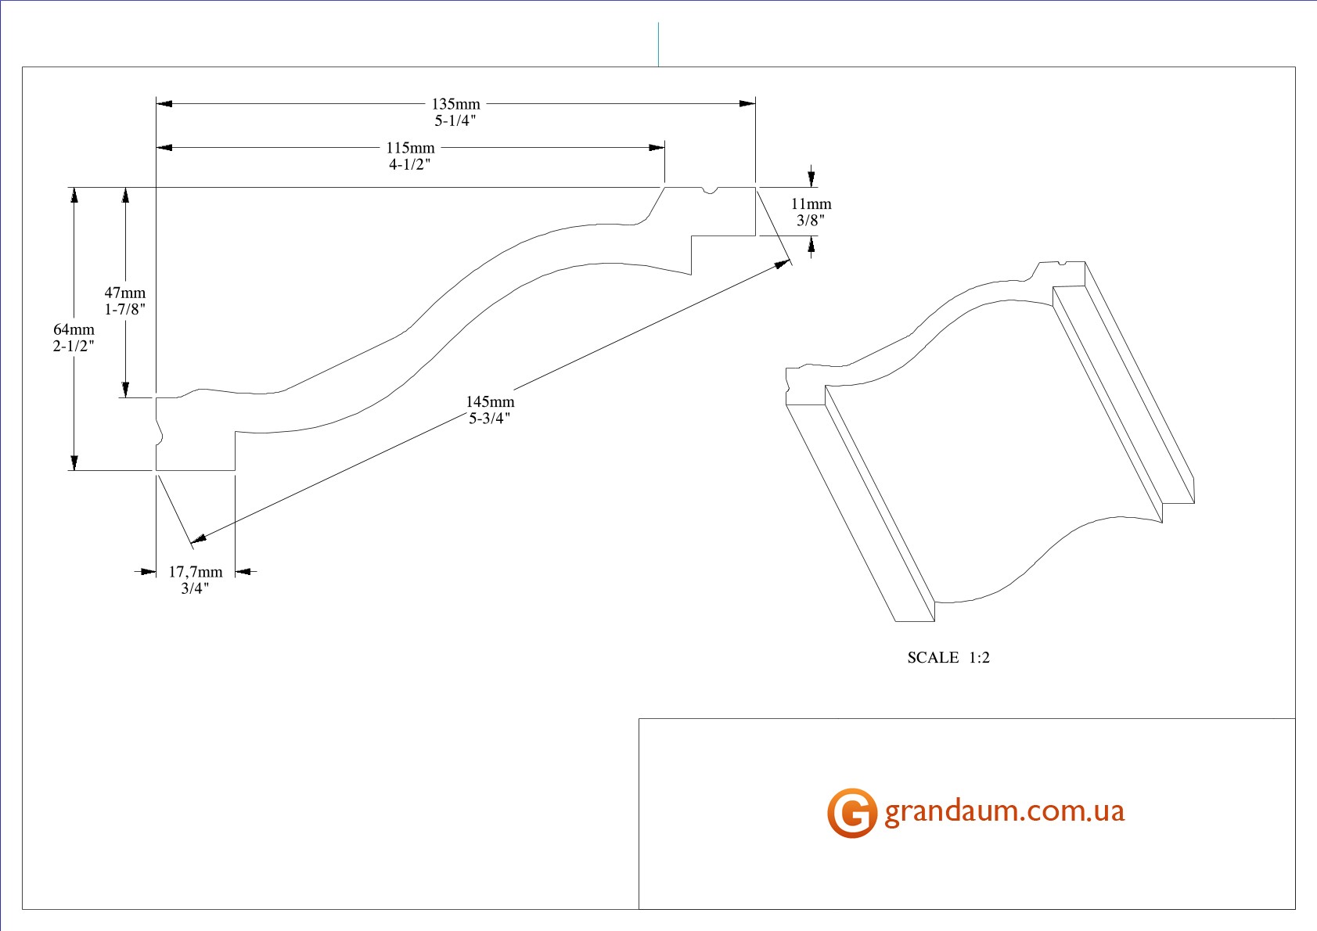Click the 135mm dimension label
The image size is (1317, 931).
[455, 104]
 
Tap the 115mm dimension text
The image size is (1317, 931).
[410, 148]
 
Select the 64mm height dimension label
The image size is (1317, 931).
[74, 329]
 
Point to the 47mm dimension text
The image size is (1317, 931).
[125, 293]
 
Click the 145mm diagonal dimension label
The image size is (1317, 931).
[490, 401]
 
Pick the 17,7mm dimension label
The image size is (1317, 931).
[196, 572]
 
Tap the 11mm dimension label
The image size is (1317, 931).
[811, 203]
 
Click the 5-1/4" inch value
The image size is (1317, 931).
[455, 120]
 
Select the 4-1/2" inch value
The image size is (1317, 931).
[410, 164]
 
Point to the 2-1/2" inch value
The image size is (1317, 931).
[74, 346]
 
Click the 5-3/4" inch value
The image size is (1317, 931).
[490, 419]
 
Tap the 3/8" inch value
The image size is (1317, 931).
[811, 221]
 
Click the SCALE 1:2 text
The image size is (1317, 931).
[948, 657]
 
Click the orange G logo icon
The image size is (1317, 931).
[851, 813]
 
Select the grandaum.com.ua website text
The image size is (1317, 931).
[1004, 811]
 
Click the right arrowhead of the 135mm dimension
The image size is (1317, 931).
[748, 103]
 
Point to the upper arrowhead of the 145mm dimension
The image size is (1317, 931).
[782, 264]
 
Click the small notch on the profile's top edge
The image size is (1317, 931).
[711, 190]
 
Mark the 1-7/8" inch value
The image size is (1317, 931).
[125, 310]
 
